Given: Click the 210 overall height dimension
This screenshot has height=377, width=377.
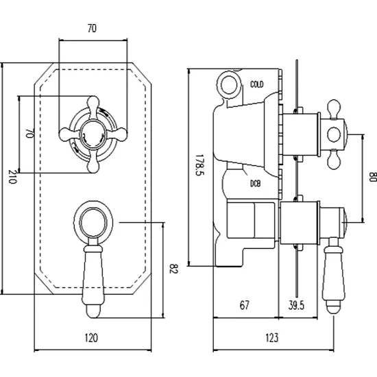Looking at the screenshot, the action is (12, 177).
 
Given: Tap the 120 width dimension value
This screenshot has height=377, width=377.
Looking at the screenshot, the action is (91, 338).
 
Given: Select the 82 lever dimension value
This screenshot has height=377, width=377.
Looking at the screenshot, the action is (173, 269).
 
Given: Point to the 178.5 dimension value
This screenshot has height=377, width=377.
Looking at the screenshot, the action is (199, 165).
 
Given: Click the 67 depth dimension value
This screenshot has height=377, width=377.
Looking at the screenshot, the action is (245, 305).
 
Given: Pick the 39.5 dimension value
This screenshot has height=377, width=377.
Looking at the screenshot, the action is (296, 305).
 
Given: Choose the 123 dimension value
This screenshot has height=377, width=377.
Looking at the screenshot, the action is (272, 337).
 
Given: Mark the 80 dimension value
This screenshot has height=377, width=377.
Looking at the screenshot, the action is (373, 177).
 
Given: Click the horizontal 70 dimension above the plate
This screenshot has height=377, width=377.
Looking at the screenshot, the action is (92, 28).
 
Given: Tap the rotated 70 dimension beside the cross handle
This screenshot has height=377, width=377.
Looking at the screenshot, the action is (29, 134).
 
